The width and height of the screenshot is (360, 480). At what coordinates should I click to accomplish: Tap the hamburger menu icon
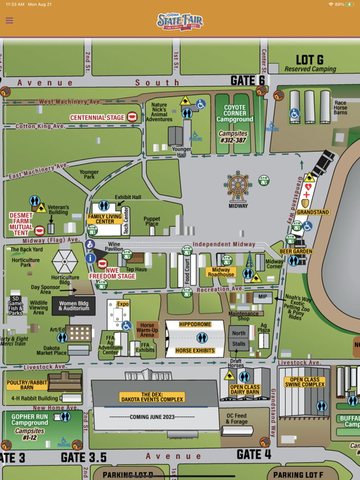tap(9, 21)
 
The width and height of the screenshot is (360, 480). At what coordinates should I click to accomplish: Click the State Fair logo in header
tap(179, 21)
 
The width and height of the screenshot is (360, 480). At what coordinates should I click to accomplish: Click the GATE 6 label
tap(247, 81)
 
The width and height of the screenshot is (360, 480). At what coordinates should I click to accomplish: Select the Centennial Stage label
tap(98, 118)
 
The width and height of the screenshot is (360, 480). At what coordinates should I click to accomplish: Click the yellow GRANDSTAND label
tap(313, 212)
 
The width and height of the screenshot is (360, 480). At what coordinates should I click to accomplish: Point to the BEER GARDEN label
tap(296, 251)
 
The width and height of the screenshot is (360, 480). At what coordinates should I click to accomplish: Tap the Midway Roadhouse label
tap(221, 272)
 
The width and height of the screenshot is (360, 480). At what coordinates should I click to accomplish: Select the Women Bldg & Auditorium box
tap(74, 306)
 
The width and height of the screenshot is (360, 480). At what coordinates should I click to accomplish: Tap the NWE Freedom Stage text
tap(112, 273)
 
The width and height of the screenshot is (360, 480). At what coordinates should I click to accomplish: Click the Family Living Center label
tap(105, 219)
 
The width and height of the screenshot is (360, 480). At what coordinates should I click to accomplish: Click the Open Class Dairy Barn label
tap(245, 390)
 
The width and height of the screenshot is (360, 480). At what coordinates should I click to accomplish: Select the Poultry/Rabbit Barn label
tap(27, 385)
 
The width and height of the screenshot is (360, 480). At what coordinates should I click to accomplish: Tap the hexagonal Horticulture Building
tap(65, 261)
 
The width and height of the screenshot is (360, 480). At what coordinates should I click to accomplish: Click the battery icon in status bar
tap(350, 4)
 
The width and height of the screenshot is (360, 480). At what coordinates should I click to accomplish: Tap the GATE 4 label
tap(254, 454)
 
